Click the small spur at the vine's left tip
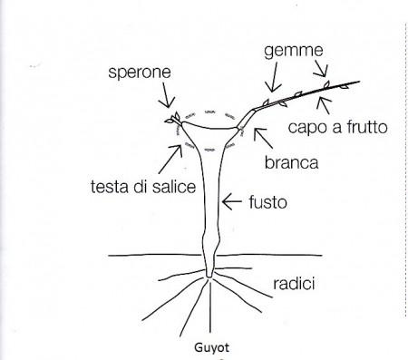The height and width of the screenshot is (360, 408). pos(170,119)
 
